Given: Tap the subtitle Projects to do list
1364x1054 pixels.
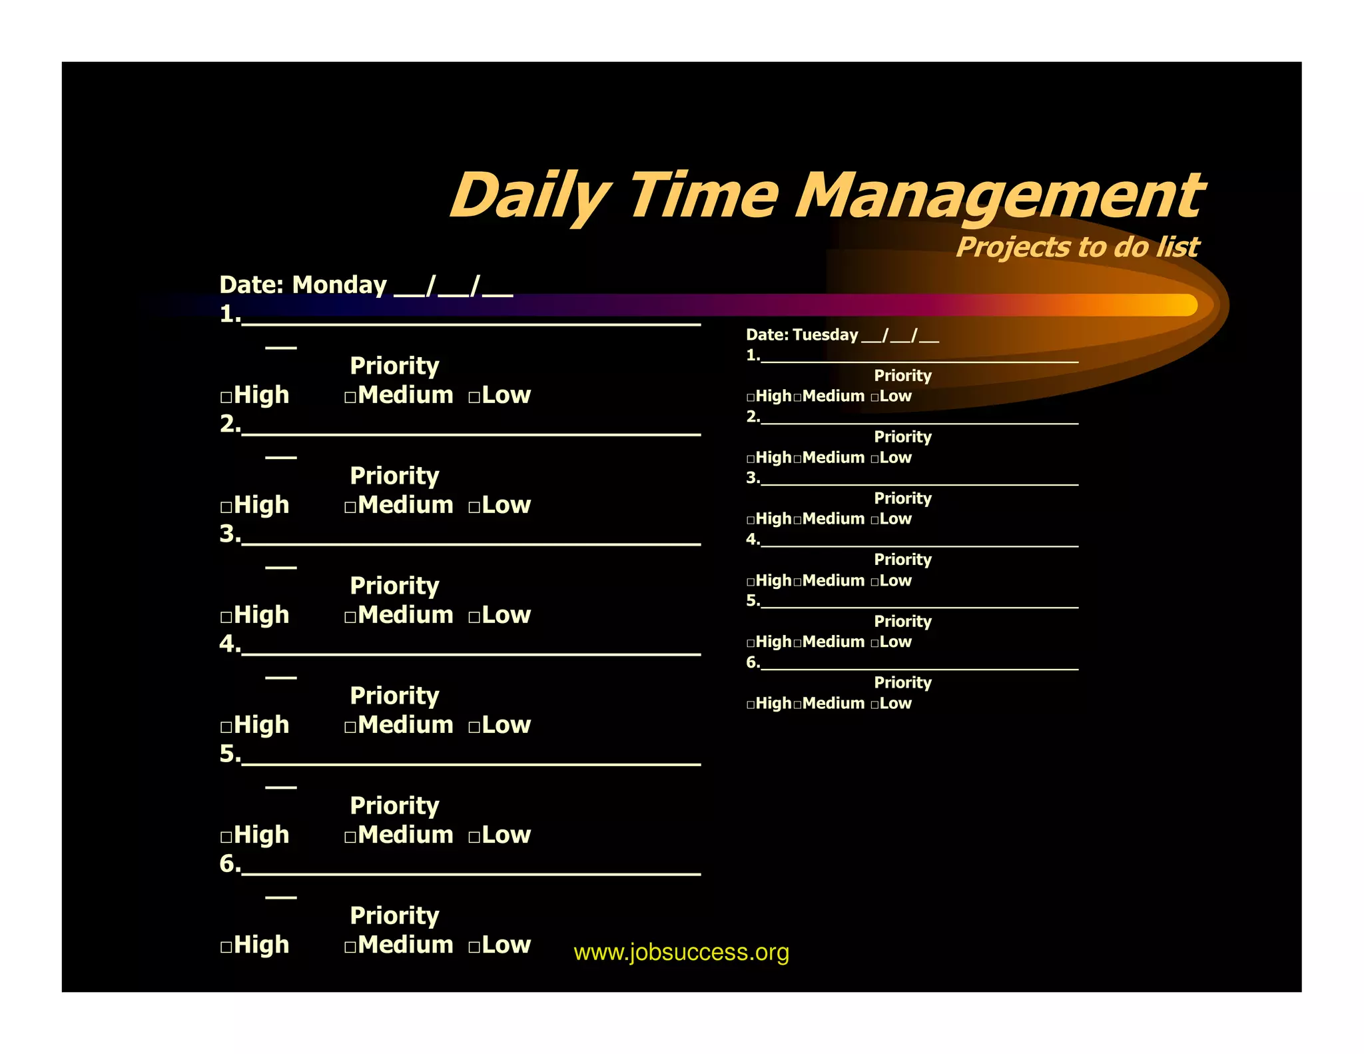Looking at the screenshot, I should tap(1077, 247).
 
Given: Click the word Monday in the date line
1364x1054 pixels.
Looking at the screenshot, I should tap(339, 285).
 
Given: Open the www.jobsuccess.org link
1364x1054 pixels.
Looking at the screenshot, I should tap(681, 952).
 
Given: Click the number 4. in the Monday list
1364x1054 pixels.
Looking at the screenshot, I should tap(229, 644).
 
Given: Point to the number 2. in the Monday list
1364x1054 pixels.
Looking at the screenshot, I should tap(229, 424).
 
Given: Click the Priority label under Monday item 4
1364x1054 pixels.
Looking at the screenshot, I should tap(394, 696).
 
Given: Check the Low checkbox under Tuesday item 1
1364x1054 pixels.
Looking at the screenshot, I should tap(874, 398).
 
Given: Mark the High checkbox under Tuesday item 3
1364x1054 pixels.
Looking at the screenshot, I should tap(751, 520).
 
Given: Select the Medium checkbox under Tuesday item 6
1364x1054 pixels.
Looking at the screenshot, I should tap(797, 705).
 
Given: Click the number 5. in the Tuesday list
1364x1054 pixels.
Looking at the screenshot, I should tap(753, 601).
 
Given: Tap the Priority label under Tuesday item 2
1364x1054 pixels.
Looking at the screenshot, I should tap(902, 437).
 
